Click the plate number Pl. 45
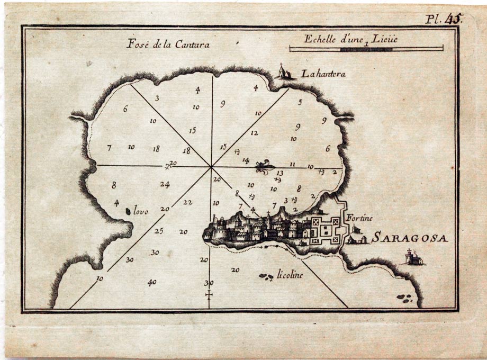pyautogui.click(x=444, y=20)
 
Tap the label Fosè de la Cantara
pyautogui.click(x=168, y=44)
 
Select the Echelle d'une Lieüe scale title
pyautogui.click(x=350, y=39)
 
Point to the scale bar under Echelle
pyautogui.click(x=366, y=49)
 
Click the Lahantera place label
pyautogui.click(x=323, y=74)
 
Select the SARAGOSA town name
pyautogui.click(x=409, y=238)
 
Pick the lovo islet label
pyautogui.click(x=141, y=212)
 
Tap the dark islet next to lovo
pyautogui.click(x=128, y=211)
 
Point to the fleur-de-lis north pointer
pyautogui.click(x=264, y=168)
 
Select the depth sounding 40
pyautogui.click(x=152, y=283)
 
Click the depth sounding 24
pyautogui.click(x=165, y=185)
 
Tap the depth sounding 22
pyautogui.click(x=188, y=202)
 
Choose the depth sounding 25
pyautogui.click(x=159, y=231)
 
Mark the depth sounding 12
pyautogui.click(x=254, y=133)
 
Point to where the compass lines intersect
pyautogui.click(x=211, y=167)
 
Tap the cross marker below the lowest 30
pyautogui.click(x=209, y=294)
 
